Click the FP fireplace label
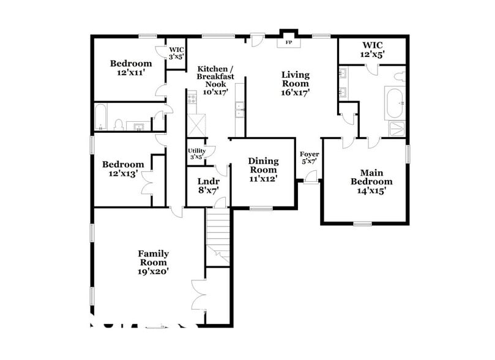289,43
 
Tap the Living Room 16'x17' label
296,84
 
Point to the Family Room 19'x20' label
153,261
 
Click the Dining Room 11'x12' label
263,170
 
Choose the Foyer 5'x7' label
308,157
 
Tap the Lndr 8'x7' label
204,186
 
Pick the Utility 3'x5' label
196,154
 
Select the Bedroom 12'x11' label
130,67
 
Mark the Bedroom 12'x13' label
123,168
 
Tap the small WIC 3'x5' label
176,53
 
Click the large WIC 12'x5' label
372,49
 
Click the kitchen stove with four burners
192,96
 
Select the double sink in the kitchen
240,111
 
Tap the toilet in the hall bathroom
119,125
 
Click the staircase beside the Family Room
218,235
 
